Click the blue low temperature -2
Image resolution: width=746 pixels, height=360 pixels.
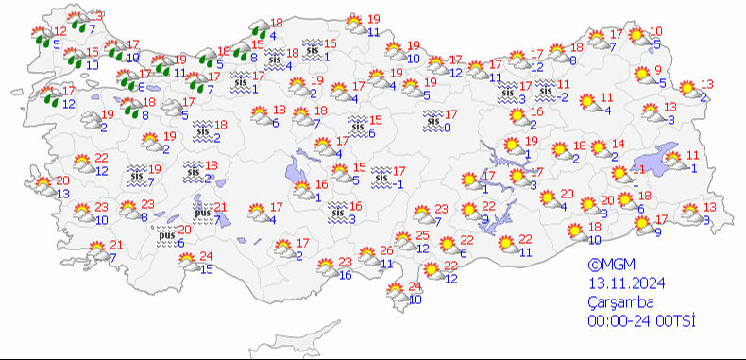tap(563, 96)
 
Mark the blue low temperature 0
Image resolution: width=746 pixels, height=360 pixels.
tap(447, 127)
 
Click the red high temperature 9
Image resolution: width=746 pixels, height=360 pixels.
tap(658, 71)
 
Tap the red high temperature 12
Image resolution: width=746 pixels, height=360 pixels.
tap(34, 31)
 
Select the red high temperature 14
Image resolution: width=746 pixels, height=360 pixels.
tap(618, 144)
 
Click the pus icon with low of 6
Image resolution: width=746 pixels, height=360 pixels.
tap(165, 235)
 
